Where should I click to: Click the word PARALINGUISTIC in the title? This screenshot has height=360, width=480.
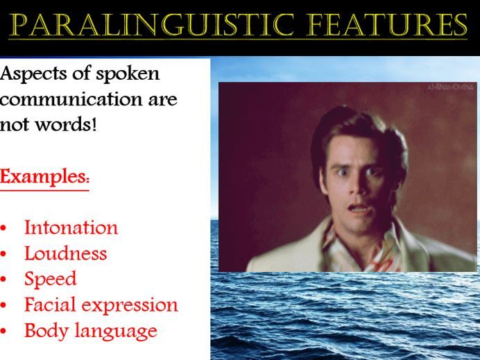click(152, 25)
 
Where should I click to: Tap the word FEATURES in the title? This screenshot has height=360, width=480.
click(386, 25)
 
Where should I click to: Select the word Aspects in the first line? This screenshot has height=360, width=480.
click(34, 74)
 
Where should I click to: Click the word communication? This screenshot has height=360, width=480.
click(71, 99)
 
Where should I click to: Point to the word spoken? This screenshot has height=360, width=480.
click(128, 74)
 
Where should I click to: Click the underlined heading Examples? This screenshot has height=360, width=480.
click(44, 177)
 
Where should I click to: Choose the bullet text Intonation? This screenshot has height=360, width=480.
click(71, 228)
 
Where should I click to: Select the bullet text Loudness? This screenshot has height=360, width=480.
click(65, 253)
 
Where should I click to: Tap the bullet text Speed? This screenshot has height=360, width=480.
click(50, 279)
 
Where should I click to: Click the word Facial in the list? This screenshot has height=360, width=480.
click(49, 305)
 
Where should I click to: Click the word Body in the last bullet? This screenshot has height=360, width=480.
click(46, 332)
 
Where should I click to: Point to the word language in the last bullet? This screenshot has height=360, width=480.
click(116, 332)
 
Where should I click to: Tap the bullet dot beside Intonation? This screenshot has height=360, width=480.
click(3, 228)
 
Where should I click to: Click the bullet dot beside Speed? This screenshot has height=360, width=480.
click(3, 280)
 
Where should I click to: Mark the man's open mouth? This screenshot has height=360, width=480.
click(358, 209)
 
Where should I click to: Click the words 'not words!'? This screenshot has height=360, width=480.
click(49, 125)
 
